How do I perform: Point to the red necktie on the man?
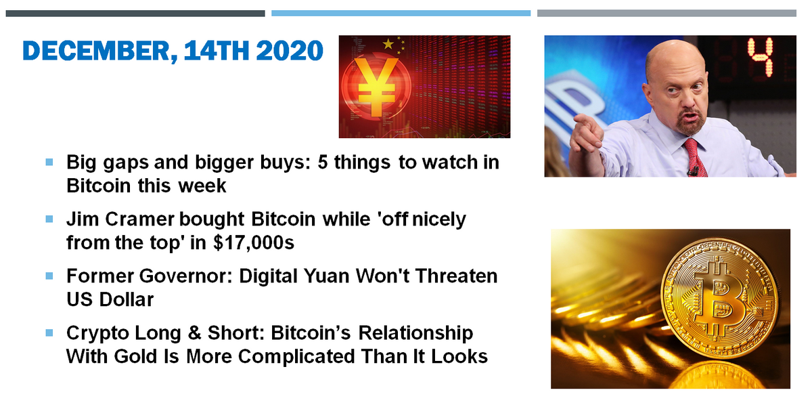click(x=692, y=156)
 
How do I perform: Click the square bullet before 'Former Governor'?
click(x=49, y=276)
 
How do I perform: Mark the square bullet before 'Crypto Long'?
click(x=49, y=333)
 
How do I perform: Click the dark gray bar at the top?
click(x=135, y=13)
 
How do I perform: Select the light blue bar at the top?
click(x=401, y=13)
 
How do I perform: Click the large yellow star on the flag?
click(x=388, y=44)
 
